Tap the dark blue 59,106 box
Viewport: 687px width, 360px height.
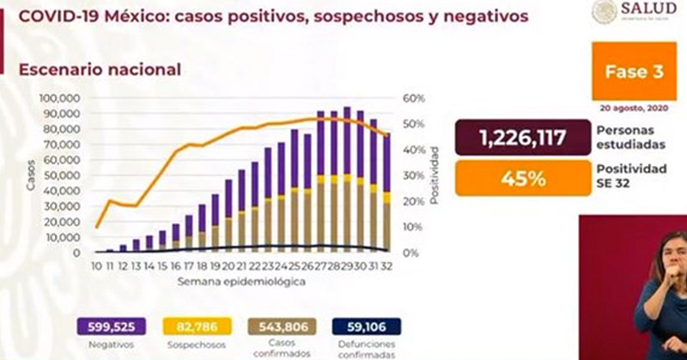364,326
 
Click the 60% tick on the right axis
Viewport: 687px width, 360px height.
413,100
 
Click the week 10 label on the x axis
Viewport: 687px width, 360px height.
97,267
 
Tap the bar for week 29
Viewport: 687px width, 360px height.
347,180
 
